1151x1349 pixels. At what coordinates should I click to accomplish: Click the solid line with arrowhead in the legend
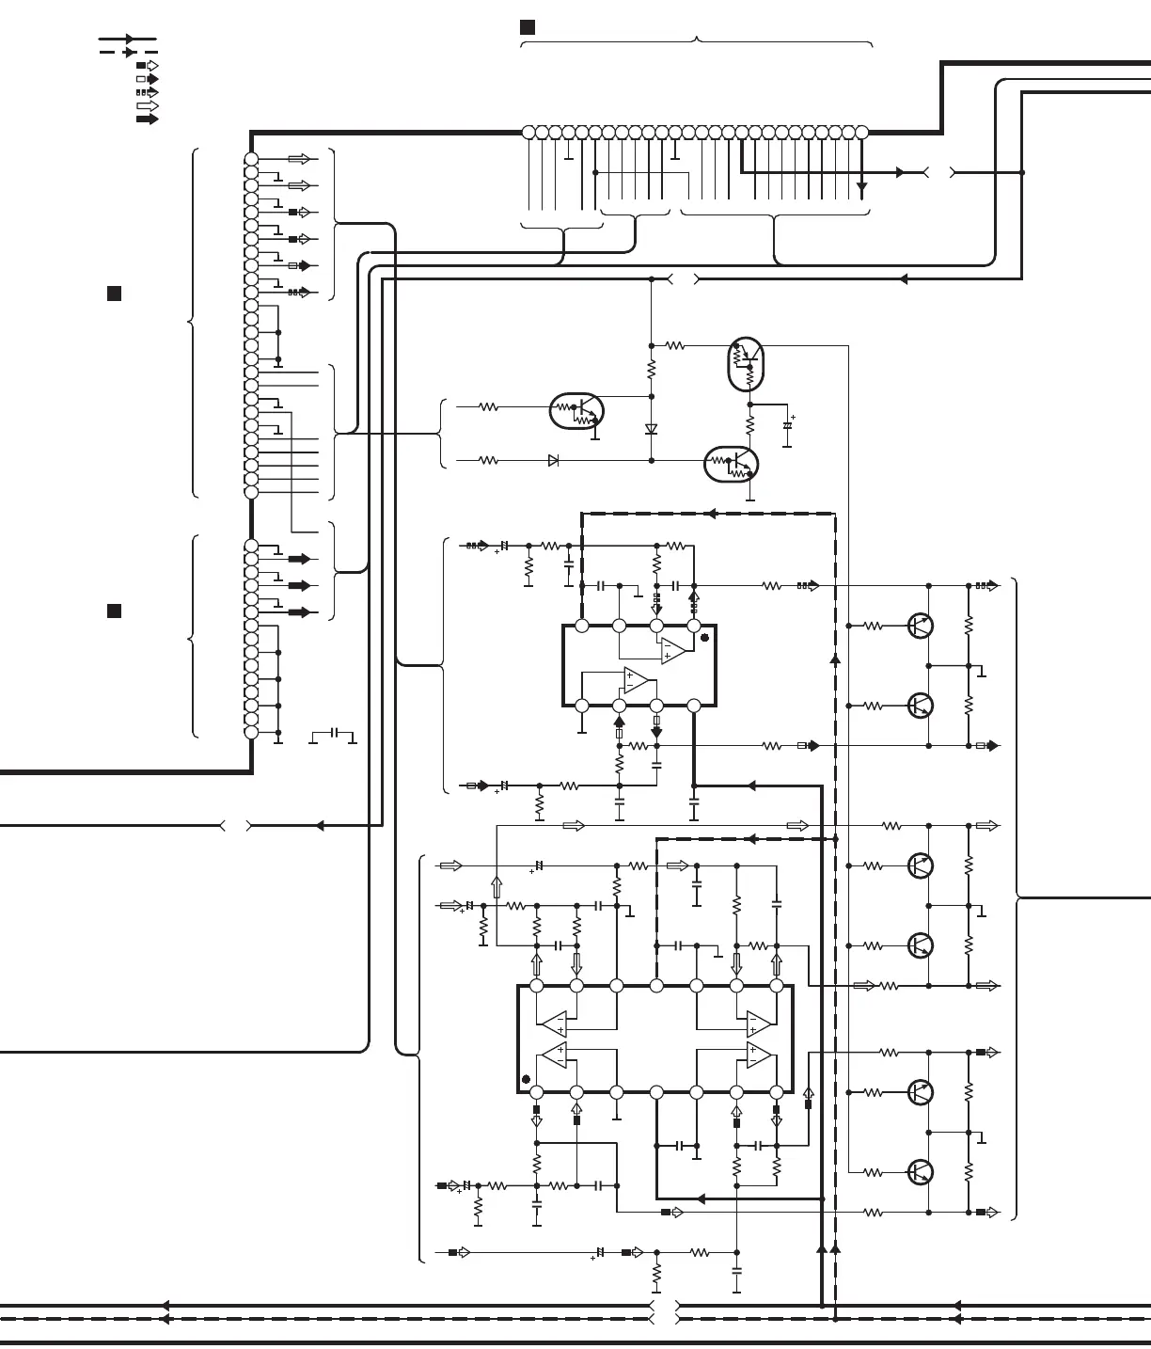click(x=127, y=40)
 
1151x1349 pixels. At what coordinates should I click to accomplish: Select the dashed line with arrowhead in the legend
click(x=128, y=53)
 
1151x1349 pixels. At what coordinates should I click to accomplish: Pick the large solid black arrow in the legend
click(x=148, y=119)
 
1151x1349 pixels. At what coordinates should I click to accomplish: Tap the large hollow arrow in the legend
click(x=148, y=106)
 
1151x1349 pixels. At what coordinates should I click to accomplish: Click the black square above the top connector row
click(x=528, y=27)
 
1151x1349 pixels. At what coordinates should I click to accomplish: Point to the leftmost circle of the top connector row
click(x=528, y=133)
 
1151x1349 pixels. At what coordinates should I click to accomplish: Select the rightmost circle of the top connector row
click(x=861, y=133)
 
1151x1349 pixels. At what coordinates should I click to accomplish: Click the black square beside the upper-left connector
click(x=114, y=294)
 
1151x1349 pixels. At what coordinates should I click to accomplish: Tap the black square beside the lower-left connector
click(x=114, y=611)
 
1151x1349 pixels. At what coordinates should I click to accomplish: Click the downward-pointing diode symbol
click(x=651, y=429)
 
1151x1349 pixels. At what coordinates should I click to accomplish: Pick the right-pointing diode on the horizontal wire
click(x=553, y=461)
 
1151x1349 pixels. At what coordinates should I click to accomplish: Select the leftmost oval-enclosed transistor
click(x=576, y=411)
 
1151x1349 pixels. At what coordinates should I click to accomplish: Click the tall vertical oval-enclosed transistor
click(x=746, y=364)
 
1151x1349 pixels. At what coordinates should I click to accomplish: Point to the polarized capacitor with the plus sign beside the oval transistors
click(x=788, y=426)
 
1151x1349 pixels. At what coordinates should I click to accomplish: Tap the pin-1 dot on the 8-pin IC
click(x=704, y=637)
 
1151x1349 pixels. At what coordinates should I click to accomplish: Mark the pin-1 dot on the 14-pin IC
click(x=526, y=1079)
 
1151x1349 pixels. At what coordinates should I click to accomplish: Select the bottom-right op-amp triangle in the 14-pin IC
click(x=758, y=1055)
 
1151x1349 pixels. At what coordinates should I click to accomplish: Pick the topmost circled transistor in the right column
click(x=921, y=626)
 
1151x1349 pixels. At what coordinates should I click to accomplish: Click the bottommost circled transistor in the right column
click(x=921, y=1172)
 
